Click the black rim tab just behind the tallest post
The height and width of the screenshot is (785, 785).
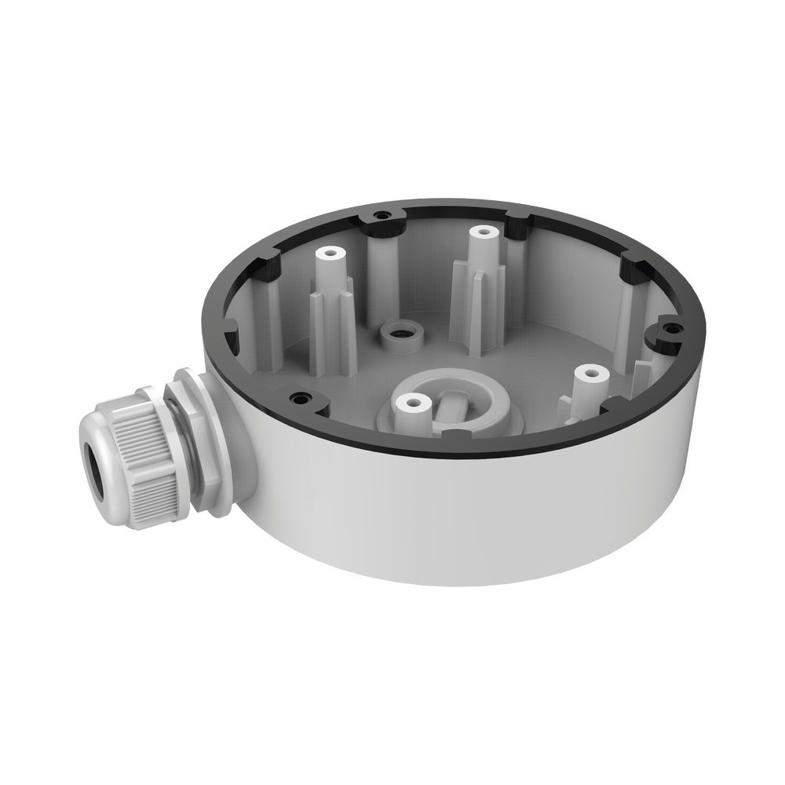(x=517, y=224)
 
